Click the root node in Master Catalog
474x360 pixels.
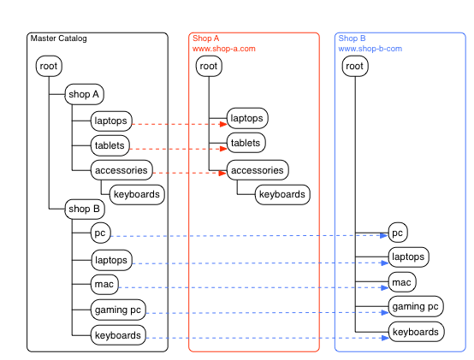49,66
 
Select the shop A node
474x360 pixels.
85,94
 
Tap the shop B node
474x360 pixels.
85,209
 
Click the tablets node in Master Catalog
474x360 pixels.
110,145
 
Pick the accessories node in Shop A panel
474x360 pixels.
258,170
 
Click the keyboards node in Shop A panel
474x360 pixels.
282,194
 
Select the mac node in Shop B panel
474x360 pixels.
402,282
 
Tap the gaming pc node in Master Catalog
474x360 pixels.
118,310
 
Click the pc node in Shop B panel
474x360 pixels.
398,233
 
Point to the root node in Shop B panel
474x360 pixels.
355,66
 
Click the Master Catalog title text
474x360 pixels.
59,38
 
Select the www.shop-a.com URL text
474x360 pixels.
224,49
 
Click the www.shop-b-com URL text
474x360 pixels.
370,49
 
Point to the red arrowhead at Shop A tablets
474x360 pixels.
223,149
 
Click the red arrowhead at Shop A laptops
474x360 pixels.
223,124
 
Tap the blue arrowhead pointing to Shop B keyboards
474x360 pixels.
385,338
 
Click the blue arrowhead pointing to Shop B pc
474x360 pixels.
384,235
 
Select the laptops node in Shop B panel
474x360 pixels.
408,257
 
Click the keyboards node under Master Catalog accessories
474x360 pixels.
137,194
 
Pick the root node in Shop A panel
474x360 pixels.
209,66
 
